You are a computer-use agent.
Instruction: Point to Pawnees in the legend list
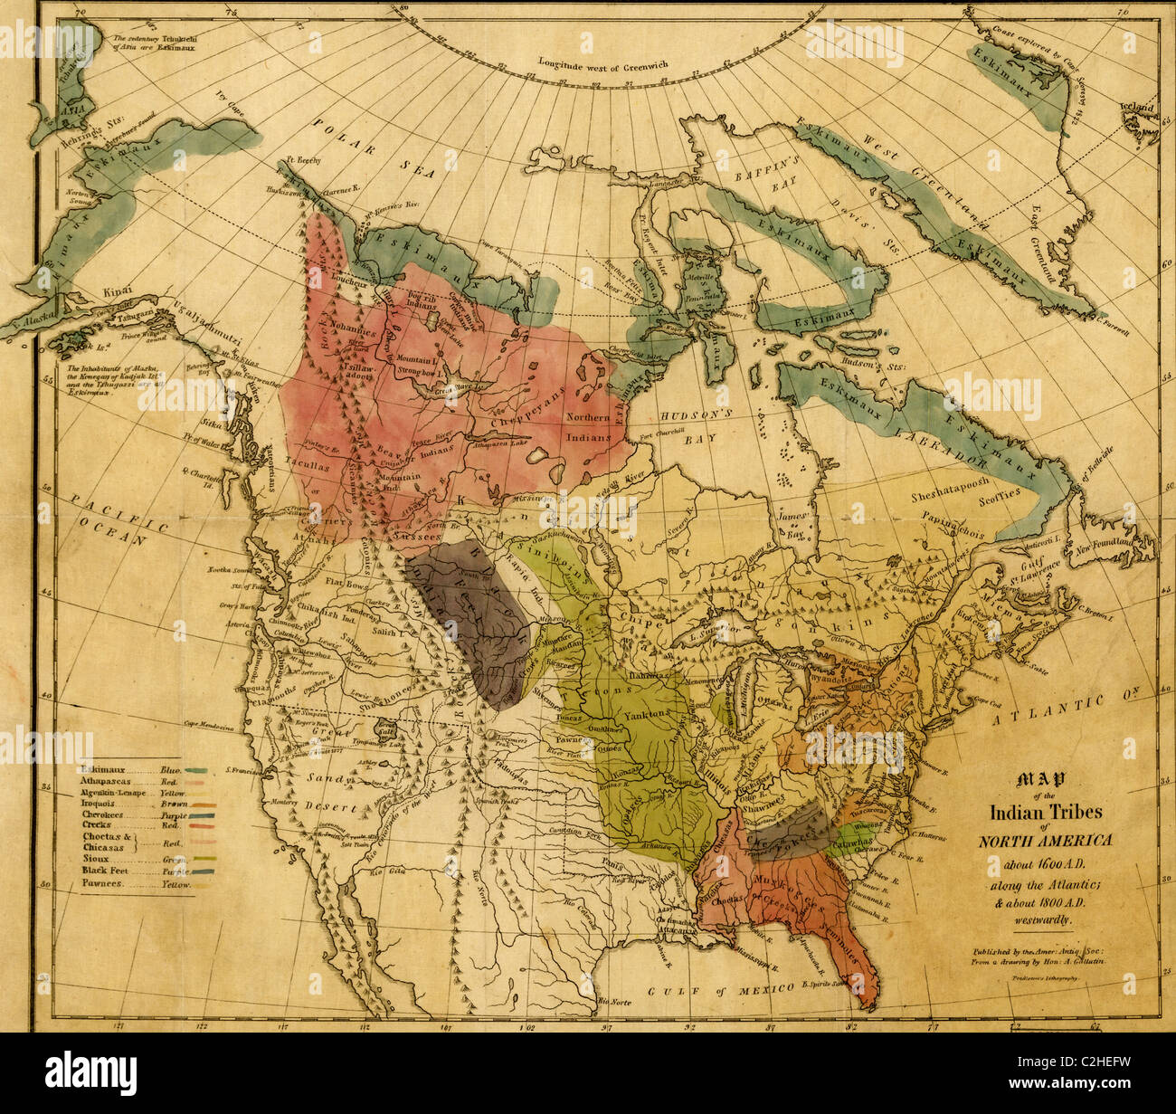click(104, 883)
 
